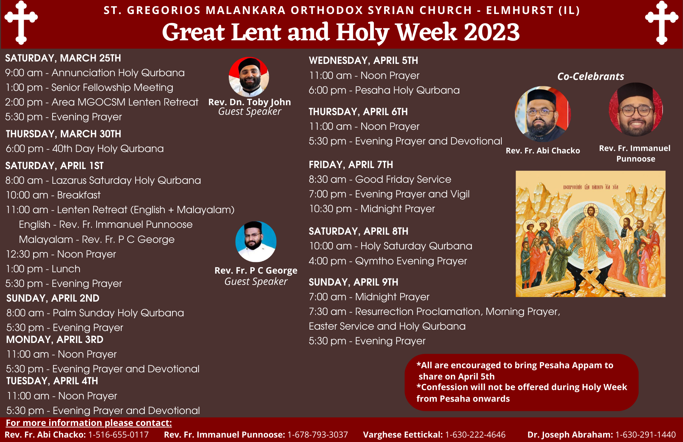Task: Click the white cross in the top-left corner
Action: click(x=21, y=23)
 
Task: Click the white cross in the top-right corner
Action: click(x=661, y=23)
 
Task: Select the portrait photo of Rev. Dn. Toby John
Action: click(x=249, y=77)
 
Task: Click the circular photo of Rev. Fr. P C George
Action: click(x=256, y=241)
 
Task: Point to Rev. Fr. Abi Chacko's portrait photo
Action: click(x=543, y=114)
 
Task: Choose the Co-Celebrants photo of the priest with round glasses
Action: click(x=636, y=109)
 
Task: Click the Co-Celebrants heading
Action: click(x=591, y=76)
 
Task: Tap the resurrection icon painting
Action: click(x=590, y=234)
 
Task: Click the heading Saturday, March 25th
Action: click(x=63, y=58)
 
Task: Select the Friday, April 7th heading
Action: click(x=351, y=165)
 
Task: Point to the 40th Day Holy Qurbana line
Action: click(x=85, y=149)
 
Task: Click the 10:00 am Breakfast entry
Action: click(x=53, y=195)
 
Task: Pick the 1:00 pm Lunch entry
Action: click(x=43, y=269)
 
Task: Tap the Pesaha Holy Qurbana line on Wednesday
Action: click(x=384, y=90)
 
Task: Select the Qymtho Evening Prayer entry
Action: click(x=388, y=261)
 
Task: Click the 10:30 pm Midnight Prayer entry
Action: click(x=372, y=209)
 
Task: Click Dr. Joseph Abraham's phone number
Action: click(x=645, y=434)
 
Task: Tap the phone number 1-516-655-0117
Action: click(x=119, y=434)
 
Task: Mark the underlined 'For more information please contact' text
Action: click(x=89, y=423)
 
